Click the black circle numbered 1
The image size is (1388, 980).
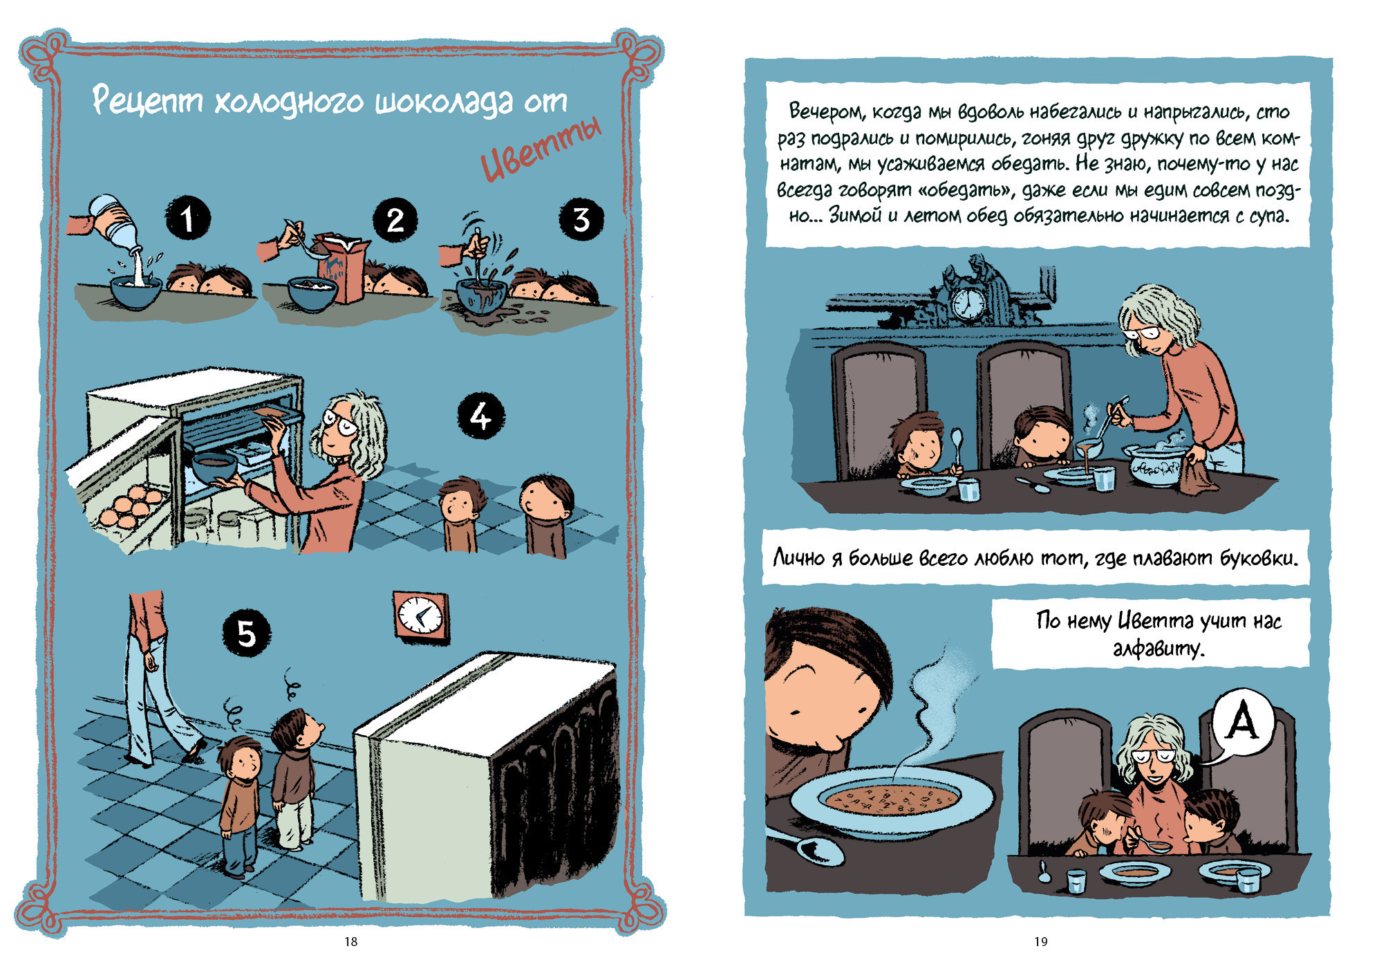tap(187, 218)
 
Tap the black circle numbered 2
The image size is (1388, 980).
tap(395, 220)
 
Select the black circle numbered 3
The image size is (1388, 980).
tap(581, 219)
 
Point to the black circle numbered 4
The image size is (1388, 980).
tap(481, 416)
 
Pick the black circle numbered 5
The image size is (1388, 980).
tap(247, 632)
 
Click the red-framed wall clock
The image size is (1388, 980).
tap(420, 616)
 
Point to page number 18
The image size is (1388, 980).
tap(351, 941)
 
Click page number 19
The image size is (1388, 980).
tap(1041, 941)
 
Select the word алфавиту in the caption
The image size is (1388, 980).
tap(1159, 649)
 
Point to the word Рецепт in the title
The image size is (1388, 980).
tap(147, 101)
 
